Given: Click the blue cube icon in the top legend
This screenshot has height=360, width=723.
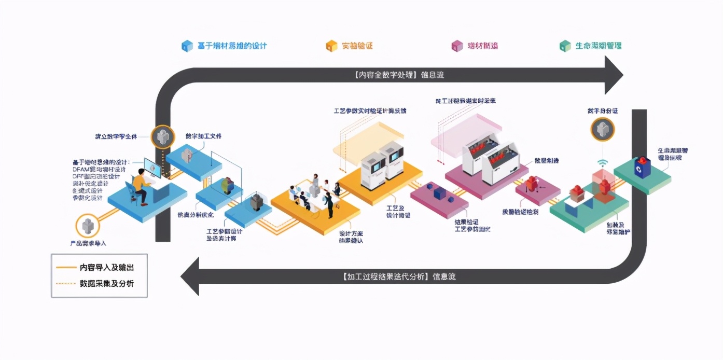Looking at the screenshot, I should tap(187, 46).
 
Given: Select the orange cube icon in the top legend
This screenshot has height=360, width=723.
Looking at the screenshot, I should tap(331, 46).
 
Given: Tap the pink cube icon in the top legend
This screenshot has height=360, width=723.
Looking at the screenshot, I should tap(456, 46).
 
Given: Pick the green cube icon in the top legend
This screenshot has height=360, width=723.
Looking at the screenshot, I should tap(565, 46).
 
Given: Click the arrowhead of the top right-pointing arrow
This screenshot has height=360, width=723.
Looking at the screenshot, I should tap(613, 75).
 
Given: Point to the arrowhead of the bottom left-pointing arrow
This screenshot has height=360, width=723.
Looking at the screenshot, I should tap(190, 276).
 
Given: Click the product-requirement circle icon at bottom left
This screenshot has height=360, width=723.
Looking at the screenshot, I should tap(87, 226).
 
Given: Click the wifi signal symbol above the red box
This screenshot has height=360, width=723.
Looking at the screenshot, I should tap(602, 163).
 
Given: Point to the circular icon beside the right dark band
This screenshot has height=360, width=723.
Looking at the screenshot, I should tap(602, 129).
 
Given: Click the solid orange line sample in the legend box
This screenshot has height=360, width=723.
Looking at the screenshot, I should tap(66, 268).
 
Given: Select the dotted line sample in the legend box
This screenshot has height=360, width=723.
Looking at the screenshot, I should tap(66, 283).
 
